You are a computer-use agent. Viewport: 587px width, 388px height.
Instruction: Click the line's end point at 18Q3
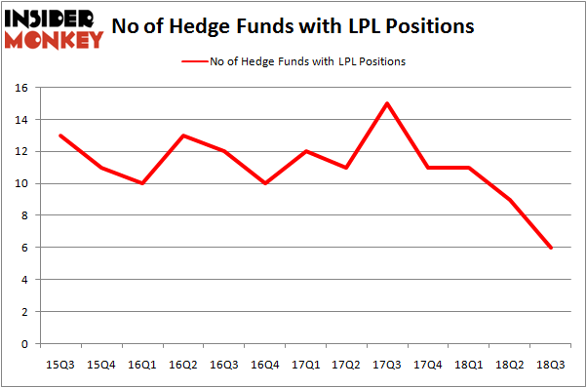[x=551, y=248]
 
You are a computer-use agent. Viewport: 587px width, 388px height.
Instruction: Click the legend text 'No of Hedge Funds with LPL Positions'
[x=308, y=61]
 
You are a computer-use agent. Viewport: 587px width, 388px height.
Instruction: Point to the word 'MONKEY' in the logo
[x=54, y=39]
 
